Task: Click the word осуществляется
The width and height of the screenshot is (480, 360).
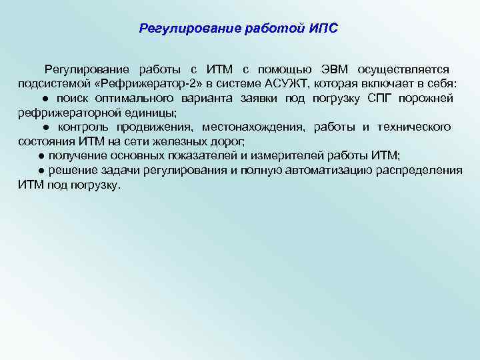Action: click(403, 69)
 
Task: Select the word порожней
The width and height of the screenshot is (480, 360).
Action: click(430, 98)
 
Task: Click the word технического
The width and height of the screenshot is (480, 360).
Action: click(414, 127)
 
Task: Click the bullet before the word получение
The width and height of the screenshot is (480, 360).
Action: click(41, 156)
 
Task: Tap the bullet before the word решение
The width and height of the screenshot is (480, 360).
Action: click(41, 171)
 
